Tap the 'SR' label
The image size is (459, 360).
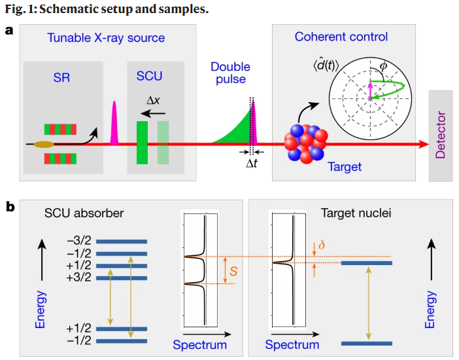pyautogui.click(x=61, y=77)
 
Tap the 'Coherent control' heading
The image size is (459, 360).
pyautogui.click(x=341, y=37)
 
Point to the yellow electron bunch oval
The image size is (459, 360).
pyautogui.click(x=44, y=143)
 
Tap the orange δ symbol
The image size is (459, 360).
pyautogui.click(x=320, y=246)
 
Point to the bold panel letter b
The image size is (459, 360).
pyautogui.click(x=10, y=207)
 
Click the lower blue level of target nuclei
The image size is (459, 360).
pyautogui.click(x=366, y=342)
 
